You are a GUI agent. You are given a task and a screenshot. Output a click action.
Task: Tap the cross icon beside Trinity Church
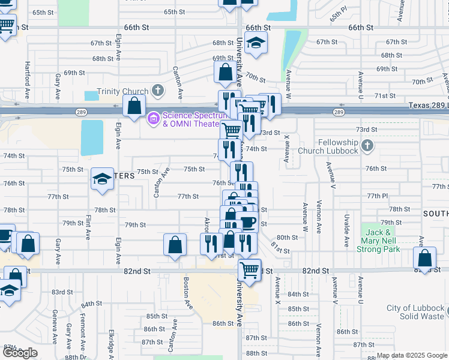tap(158, 91)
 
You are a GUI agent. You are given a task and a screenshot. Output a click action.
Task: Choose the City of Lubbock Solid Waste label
tap(415, 312)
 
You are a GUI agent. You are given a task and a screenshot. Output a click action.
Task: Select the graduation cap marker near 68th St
tap(256, 43)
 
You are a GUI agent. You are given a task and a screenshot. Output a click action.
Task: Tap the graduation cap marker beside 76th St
tap(103, 178)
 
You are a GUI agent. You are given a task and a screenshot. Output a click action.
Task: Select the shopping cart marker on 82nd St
tap(249, 268)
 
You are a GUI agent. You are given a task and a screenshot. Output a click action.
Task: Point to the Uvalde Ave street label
tap(346, 230)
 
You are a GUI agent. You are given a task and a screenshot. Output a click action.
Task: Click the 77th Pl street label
tap(378, 196)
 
